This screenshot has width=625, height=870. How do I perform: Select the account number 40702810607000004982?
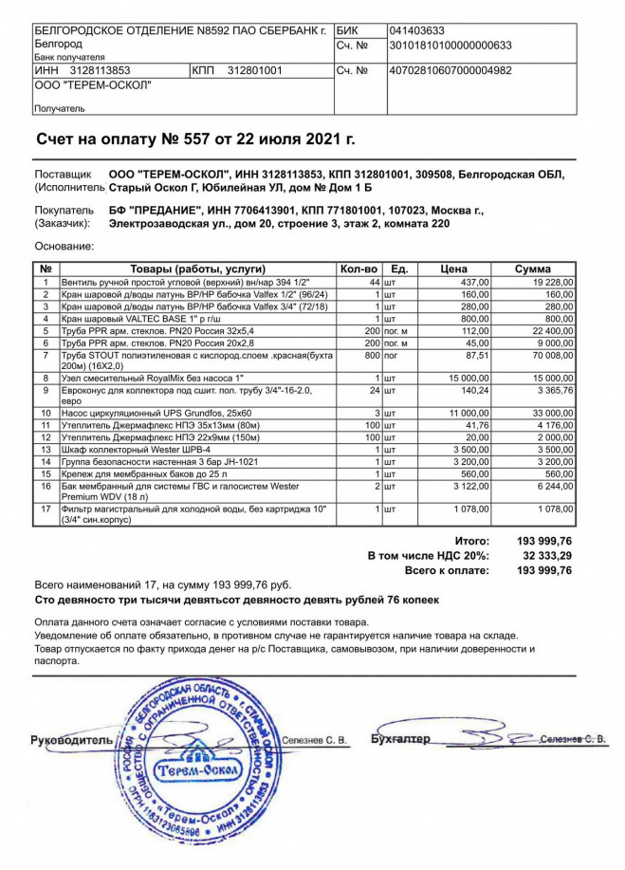[451, 70]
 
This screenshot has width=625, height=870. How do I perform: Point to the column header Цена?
[453, 269]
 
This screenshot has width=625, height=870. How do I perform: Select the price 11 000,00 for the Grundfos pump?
[466, 414]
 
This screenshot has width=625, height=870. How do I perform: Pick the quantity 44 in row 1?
[374, 283]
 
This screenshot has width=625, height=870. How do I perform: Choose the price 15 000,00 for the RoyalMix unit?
[466, 378]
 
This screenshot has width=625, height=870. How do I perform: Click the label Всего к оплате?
[447, 571]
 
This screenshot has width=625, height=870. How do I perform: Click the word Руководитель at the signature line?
[71, 739]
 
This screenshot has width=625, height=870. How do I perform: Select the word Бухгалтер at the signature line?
[400, 739]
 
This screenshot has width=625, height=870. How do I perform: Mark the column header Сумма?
[532, 269]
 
